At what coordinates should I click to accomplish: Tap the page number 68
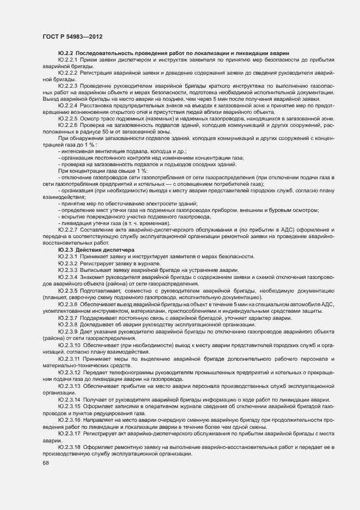click(45, 463)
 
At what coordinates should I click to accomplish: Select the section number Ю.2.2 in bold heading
click(66, 52)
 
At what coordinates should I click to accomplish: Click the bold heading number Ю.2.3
click(66, 250)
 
